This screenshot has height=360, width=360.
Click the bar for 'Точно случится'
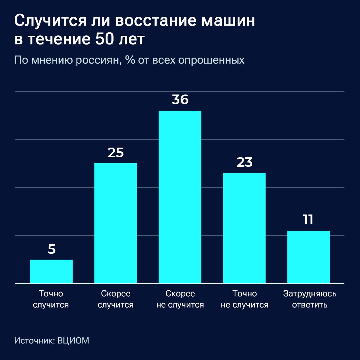tap(51, 271)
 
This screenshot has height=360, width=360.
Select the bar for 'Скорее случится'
tap(115, 223)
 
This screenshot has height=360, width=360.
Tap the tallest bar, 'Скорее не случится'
tap(180, 197)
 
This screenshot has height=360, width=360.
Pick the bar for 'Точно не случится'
tap(244, 228)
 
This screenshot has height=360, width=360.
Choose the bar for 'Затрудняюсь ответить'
tap(308, 257)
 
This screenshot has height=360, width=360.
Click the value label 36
tap(180, 100)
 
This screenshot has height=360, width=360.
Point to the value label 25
tap(115, 153)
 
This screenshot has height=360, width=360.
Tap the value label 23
tap(244, 162)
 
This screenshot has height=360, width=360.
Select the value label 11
tap(308, 220)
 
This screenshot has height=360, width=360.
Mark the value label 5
tap(52, 249)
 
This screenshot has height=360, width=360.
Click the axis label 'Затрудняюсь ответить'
tap(310, 299)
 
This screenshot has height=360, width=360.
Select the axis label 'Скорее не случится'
tap(180, 299)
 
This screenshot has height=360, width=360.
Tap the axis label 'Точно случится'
tap(51, 299)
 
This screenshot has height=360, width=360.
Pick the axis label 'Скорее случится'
tap(115, 299)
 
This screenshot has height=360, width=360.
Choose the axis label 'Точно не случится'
tap(244, 299)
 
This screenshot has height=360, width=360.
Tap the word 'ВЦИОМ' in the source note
tap(73, 341)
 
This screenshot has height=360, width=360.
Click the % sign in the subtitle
tap(130, 60)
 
